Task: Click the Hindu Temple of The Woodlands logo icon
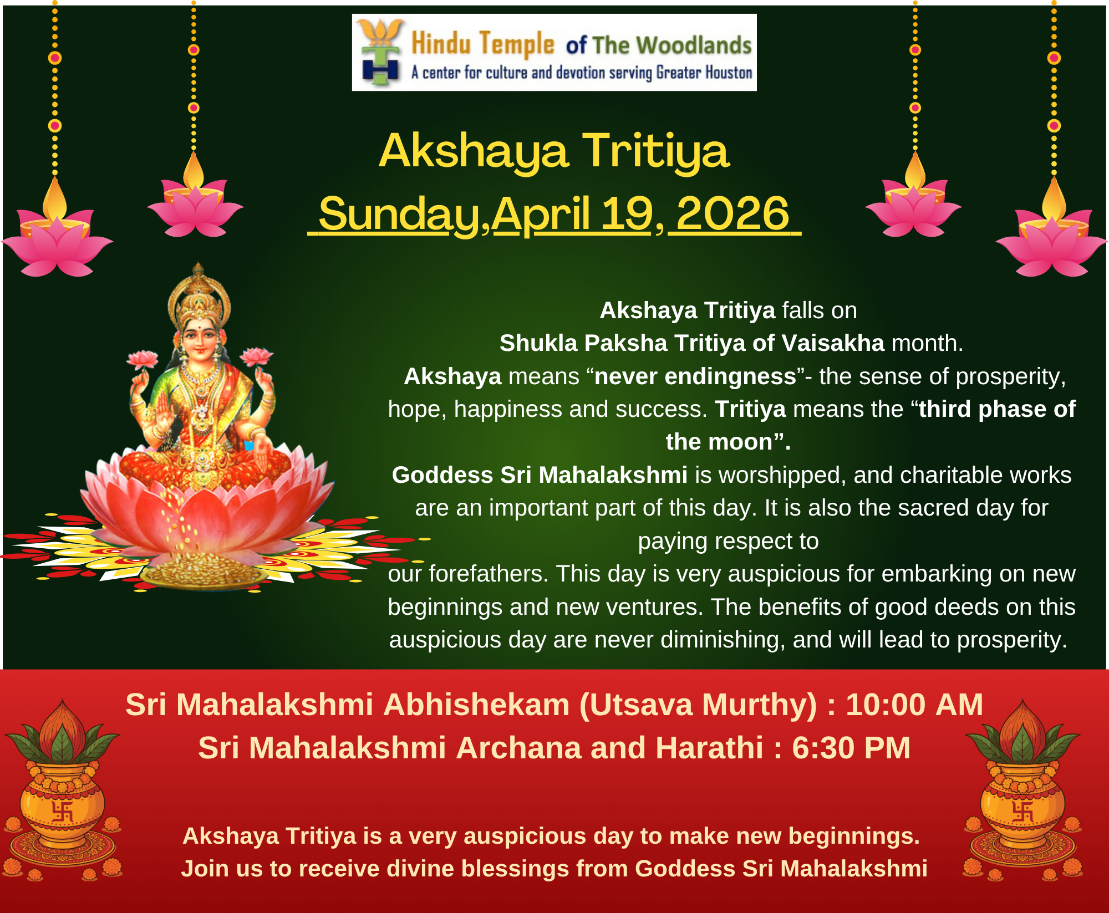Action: click(x=380, y=52)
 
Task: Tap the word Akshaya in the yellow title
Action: click(x=474, y=152)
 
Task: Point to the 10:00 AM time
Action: click(x=914, y=705)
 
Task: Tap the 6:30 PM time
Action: click(x=851, y=748)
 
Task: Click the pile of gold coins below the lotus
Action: click(x=202, y=571)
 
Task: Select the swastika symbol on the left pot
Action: click(x=62, y=812)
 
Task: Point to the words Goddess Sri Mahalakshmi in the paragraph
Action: click(x=540, y=475)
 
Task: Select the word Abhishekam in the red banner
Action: click(x=476, y=705)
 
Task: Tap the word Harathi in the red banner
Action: click(x=709, y=748)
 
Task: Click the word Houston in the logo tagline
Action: click(x=729, y=73)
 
